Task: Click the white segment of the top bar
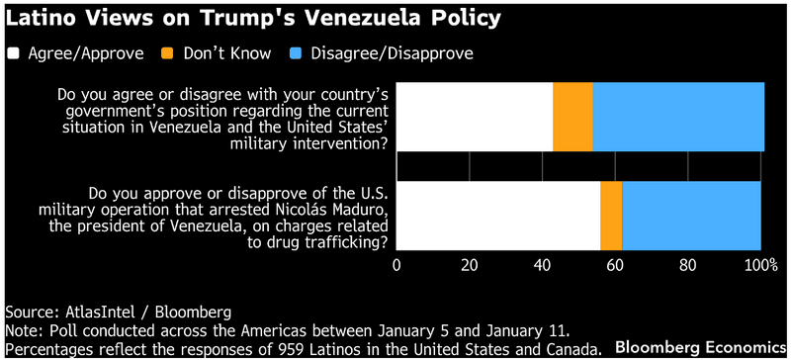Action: [x=475, y=117]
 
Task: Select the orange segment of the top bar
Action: [x=572, y=117]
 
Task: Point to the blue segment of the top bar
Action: [x=678, y=117]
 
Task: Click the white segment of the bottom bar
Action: [x=498, y=216]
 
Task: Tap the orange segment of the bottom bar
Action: [x=611, y=216]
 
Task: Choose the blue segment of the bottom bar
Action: [x=691, y=216]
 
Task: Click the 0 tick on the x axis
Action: [x=397, y=266]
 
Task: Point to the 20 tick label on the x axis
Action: [x=470, y=266]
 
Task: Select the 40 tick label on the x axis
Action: [x=543, y=266]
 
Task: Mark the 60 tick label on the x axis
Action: [x=615, y=266]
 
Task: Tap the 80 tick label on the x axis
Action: [x=688, y=266]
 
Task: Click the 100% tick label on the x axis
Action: [x=759, y=266]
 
